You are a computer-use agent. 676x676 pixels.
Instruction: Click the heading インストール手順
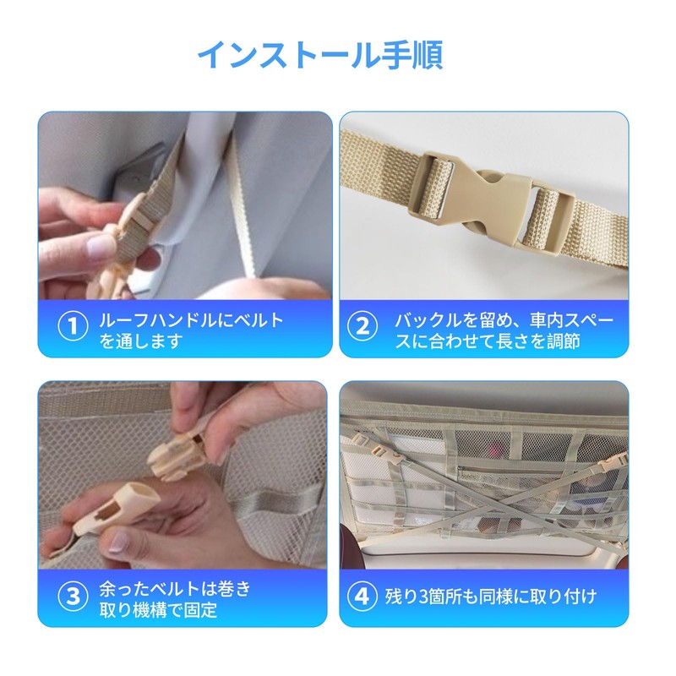tap(320, 56)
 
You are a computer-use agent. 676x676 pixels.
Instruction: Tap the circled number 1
tap(73, 326)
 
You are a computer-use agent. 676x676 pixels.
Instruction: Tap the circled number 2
tap(363, 326)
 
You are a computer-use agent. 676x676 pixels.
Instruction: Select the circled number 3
tap(73, 596)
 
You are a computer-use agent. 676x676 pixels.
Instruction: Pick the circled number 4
tap(363, 596)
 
